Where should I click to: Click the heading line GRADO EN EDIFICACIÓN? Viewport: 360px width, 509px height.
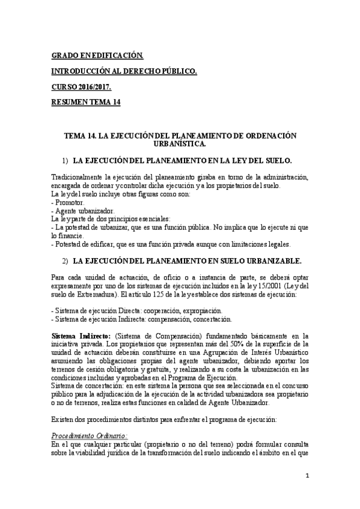(x=97, y=56)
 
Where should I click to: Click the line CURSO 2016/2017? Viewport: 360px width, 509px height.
(x=81, y=87)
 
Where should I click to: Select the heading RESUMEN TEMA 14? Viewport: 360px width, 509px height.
(x=86, y=103)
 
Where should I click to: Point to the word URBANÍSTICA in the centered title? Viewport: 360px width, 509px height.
(x=180, y=143)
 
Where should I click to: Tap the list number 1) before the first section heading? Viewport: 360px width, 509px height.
(x=65, y=161)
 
